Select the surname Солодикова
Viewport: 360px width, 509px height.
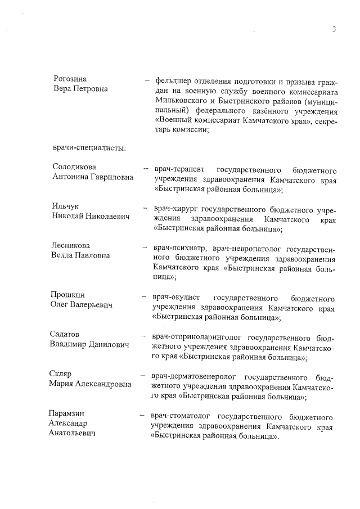click(x=74, y=168)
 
